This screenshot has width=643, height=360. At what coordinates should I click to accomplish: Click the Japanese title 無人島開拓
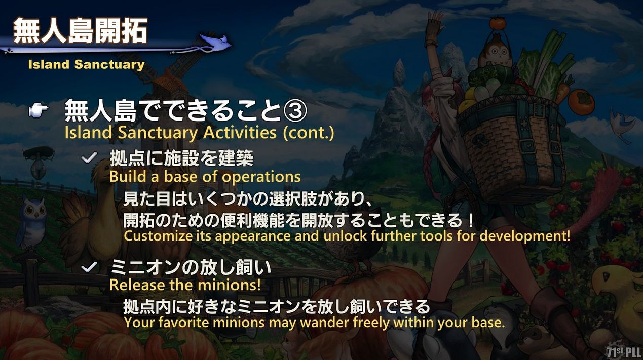(x=81, y=31)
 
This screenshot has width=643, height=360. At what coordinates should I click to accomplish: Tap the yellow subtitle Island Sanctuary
(x=87, y=64)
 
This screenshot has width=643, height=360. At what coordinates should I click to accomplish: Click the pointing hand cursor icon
(x=39, y=110)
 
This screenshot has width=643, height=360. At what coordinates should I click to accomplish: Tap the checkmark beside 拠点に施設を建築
(x=89, y=158)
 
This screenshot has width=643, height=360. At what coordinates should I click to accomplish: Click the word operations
(x=261, y=177)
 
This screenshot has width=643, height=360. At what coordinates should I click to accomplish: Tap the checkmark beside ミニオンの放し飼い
(x=89, y=267)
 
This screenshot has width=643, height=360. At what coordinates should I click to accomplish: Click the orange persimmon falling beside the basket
(x=581, y=102)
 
